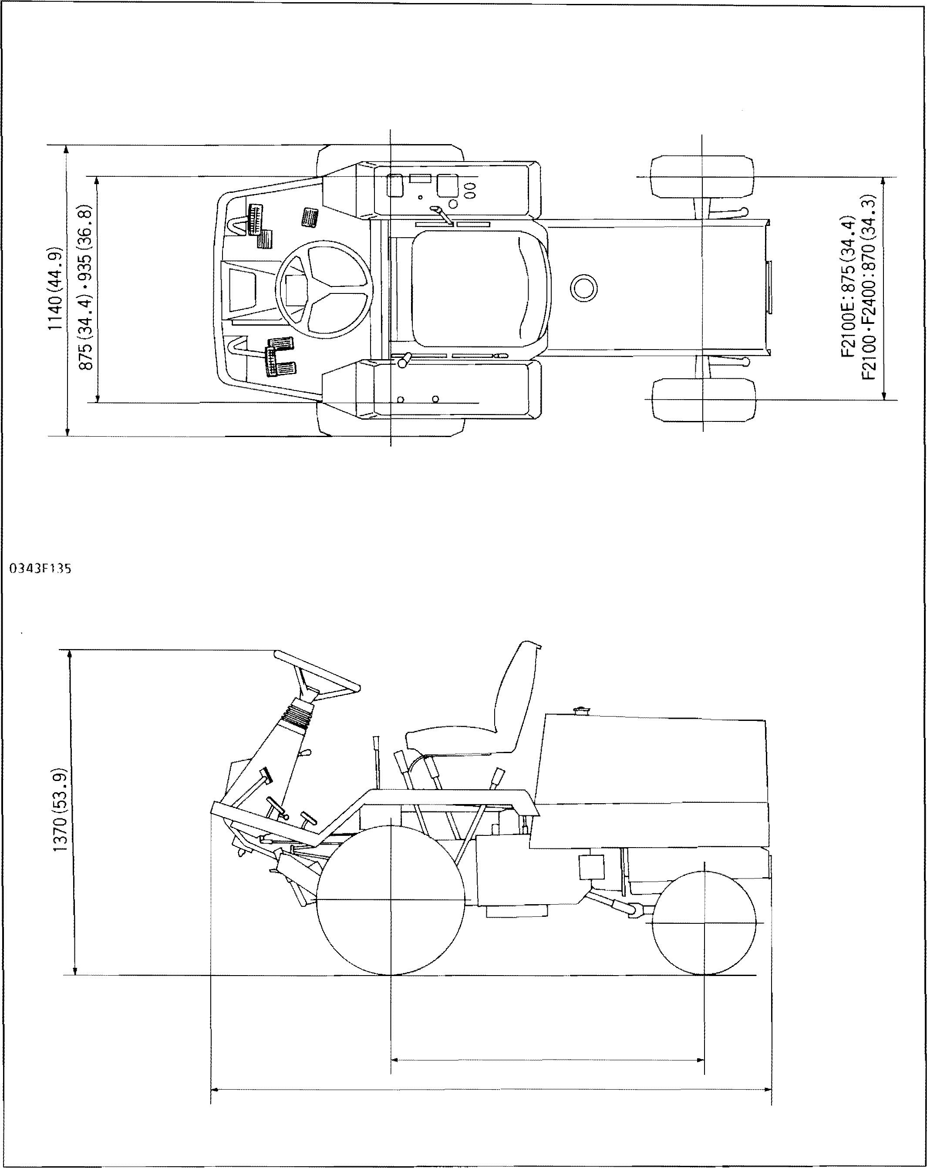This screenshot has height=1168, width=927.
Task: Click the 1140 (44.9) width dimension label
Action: tap(56, 290)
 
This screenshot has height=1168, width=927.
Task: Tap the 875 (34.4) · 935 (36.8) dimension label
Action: tap(86, 288)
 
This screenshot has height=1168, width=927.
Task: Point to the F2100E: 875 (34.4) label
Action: tap(848, 286)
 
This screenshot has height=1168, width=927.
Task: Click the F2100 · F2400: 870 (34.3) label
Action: tap(868, 286)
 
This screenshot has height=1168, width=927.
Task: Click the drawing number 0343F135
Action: tap(40, 569)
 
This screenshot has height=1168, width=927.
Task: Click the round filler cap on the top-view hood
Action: tap(584, 288)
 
